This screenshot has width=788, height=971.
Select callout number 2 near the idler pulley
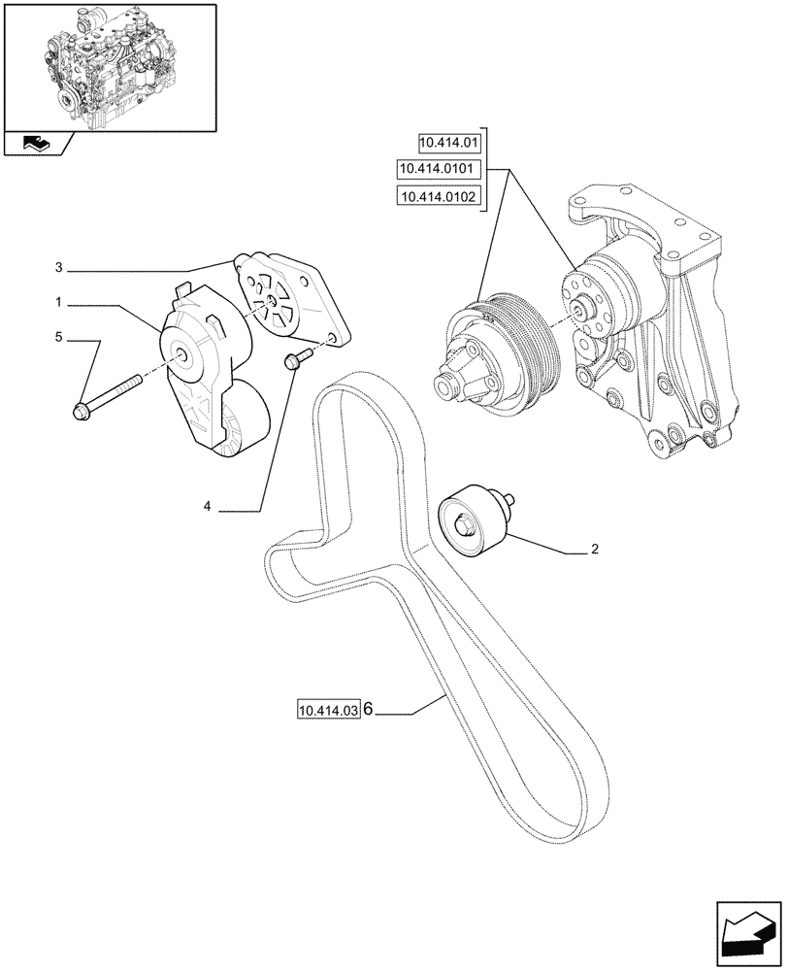tap(594, 550)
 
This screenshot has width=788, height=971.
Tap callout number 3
tap(59, 267)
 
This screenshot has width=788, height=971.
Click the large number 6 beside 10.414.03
tap(369, 711)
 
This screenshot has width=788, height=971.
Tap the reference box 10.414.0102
tap(441, 197)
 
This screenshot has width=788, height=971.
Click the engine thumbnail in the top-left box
tap(110, 68)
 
